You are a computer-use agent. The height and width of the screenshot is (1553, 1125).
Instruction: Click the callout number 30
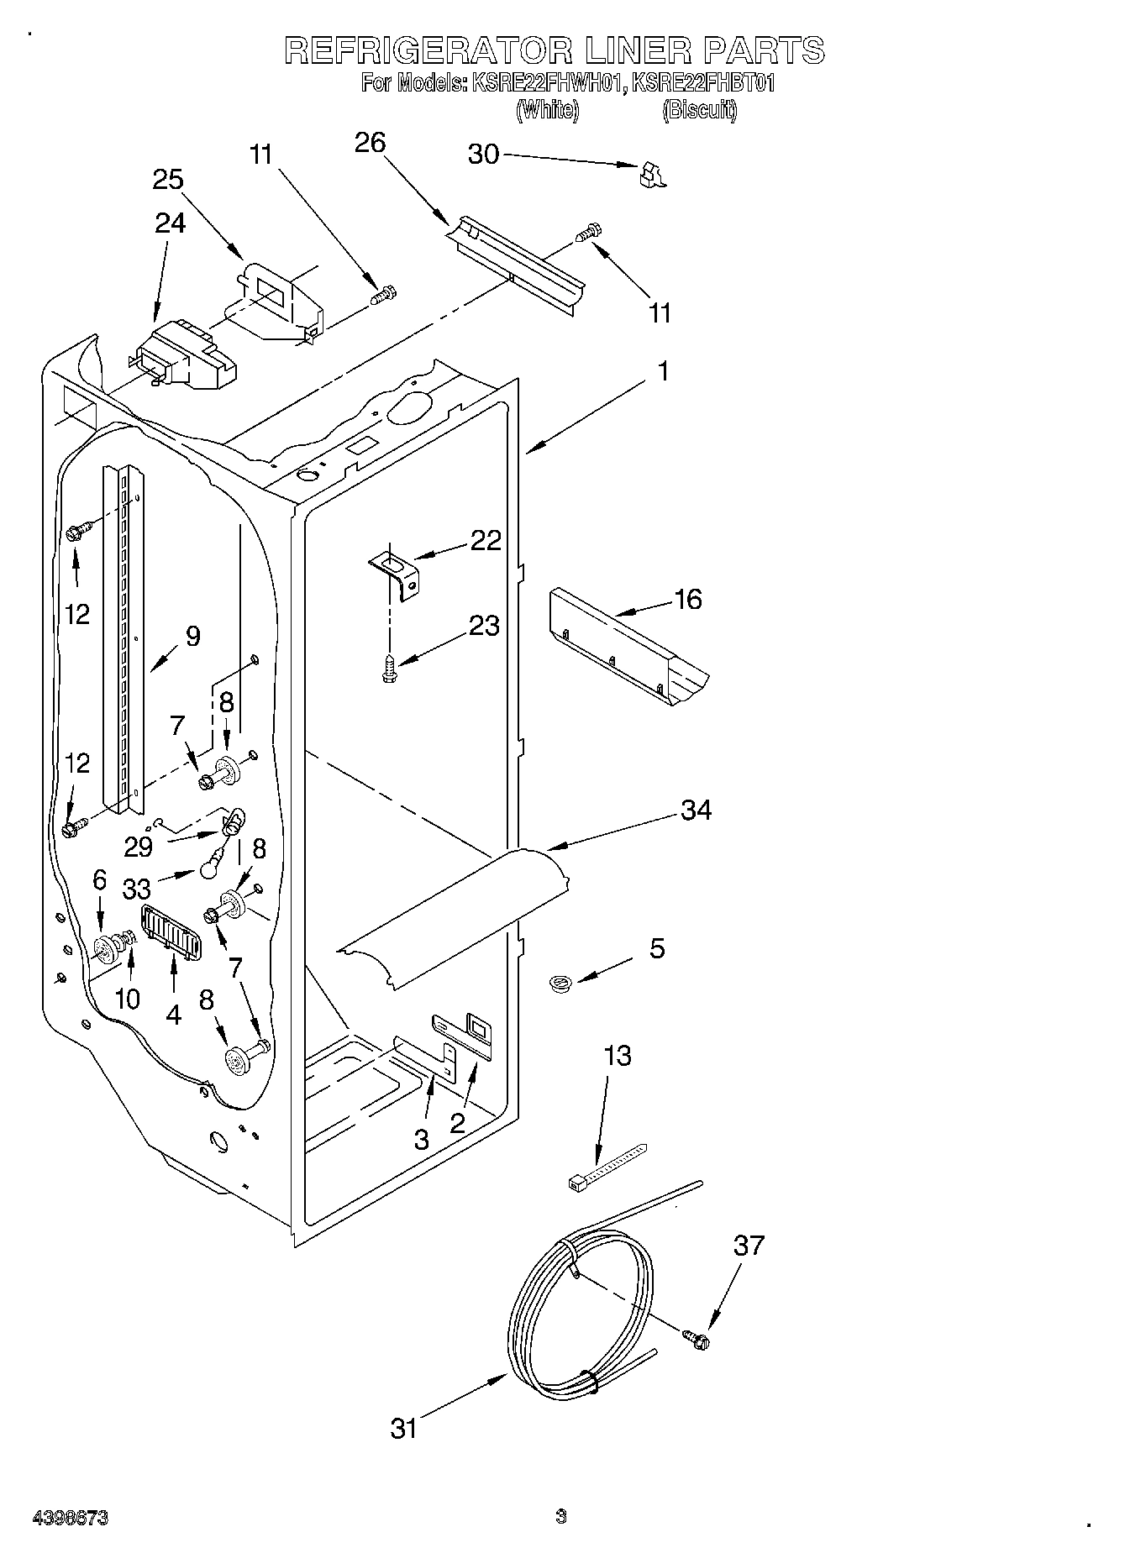(x=483, y=155)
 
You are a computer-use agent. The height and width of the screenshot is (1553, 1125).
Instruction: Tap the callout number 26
(x=370, y=144)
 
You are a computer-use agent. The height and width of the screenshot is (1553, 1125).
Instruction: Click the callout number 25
(x=168, y=180)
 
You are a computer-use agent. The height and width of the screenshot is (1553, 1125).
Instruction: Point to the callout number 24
(x=170, y=223)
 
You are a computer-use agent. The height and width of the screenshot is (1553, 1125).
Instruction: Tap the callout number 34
(x=697, y=811)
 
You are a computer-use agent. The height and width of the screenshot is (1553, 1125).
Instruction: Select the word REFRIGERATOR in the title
(x=425, y=50)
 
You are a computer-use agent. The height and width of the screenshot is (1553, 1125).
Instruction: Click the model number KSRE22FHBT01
(x=704, y=83)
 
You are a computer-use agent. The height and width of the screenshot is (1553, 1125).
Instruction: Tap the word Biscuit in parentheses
(x=699, y=110)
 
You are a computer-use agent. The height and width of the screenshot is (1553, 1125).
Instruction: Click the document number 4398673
(x=71, y=1518)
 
